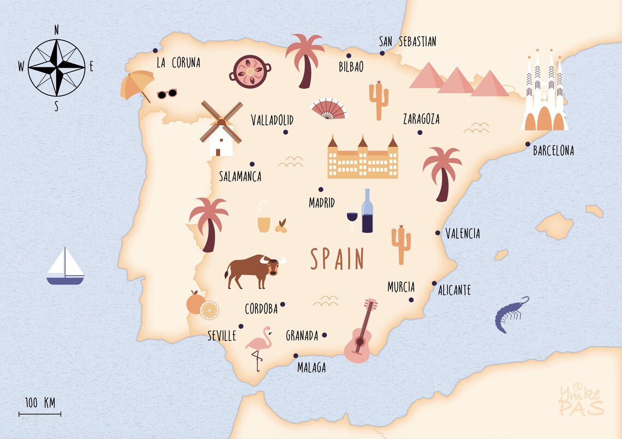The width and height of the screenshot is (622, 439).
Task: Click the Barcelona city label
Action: click(x=553, y=151)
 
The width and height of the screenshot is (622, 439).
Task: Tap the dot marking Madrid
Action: click(x=321, y=190)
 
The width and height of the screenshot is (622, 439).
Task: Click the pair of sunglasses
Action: click(x=167, y=94)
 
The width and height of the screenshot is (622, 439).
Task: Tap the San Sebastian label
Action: click(x=408, y=42)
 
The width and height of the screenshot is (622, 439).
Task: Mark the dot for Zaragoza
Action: click(x=420, y=132)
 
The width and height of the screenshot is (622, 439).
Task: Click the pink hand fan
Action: click(x=328, y=109)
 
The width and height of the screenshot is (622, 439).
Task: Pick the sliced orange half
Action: click(x=210, y=310)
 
